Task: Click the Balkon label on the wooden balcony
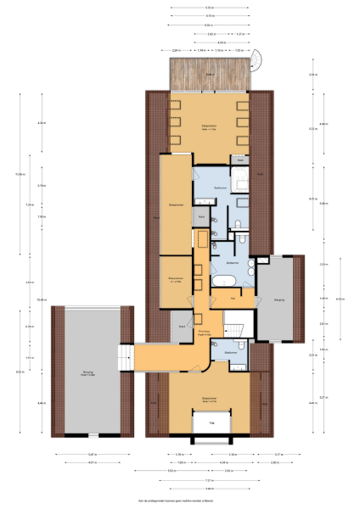click(210, 75)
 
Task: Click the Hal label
click(233, 299)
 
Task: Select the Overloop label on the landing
click(204, 333)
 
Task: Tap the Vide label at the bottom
click(212, 422)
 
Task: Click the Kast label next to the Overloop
click(182, 326)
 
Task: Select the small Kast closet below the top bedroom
click(240, 159)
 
